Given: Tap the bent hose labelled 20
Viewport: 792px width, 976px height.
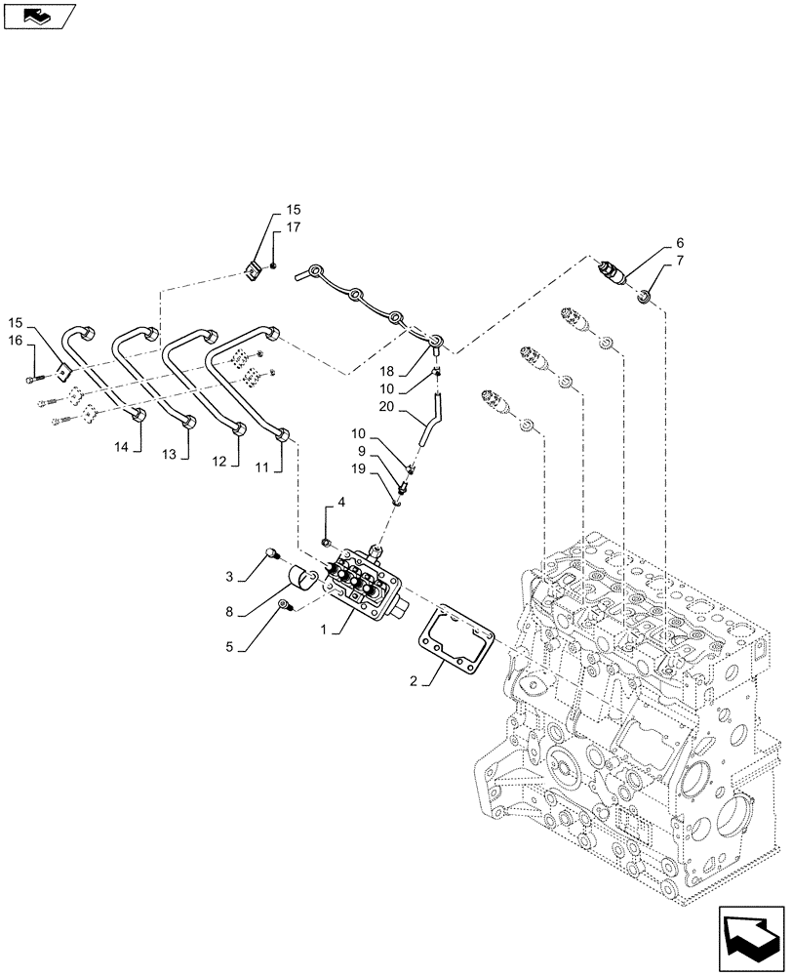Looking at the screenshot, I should tap(427, 421).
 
